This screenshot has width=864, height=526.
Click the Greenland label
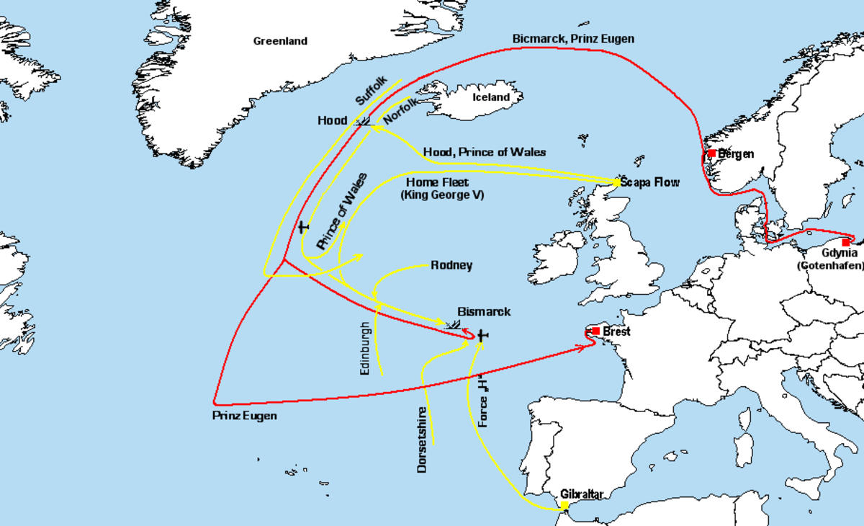click(280, 41)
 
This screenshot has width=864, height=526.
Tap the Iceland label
click(490, 97)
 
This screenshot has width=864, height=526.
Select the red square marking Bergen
click(711, 153)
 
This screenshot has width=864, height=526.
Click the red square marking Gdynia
click(845, 243)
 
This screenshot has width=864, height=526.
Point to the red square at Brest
click(595, 331)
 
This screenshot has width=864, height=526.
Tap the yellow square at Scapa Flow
click(616, 182)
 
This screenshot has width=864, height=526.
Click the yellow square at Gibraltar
click(565, 505)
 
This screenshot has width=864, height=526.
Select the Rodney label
click(451, 265)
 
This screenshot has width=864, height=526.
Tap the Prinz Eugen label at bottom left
click(244, 416)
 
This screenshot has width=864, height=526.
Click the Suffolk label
click(372, 92)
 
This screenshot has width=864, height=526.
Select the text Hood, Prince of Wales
click(485, 152)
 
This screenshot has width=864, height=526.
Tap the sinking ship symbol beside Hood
click(364, 122)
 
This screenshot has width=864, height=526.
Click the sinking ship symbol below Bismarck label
click(454, 324)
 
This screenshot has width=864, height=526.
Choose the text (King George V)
click(442, 195)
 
